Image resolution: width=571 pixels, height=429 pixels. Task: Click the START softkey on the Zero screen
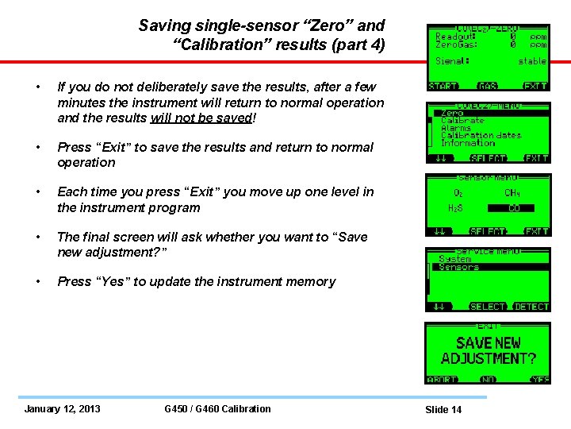pos(443,86)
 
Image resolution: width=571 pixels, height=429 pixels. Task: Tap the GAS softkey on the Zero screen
pos(488,86)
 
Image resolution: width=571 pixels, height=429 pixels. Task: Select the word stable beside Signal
pos(532,61)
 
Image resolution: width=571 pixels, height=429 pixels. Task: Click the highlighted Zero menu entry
pos(453,114)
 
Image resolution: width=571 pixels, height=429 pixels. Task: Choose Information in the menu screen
pos(468,143)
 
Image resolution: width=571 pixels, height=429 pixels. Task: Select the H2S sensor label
pos(456,208)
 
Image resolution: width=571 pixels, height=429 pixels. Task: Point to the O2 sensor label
pos(458,191)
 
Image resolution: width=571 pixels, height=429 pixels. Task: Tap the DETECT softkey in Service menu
pos(531,307)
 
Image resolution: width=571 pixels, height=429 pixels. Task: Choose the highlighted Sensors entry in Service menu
pos(459,268)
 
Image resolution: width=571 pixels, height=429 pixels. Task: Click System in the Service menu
pos(455,259)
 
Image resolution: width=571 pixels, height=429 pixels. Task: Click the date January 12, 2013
pos(62,409)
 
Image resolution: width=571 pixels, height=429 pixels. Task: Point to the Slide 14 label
pos(443,410)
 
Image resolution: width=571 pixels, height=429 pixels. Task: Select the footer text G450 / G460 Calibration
pos(217,409)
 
